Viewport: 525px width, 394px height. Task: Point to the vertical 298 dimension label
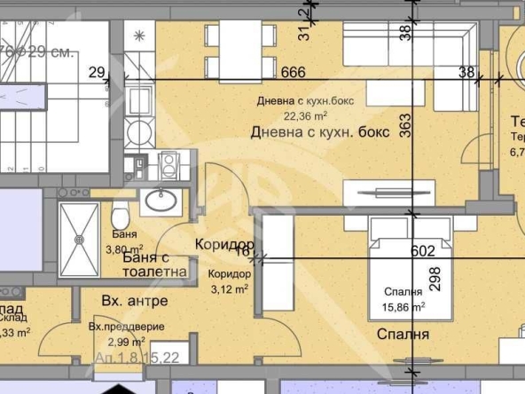click(435, 282)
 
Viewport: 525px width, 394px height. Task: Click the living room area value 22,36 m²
click(306, 114)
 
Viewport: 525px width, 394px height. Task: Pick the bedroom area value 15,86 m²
click(404, 308)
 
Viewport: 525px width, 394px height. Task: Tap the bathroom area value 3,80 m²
click(121, 249)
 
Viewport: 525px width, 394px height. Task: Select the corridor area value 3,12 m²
click(228, 287)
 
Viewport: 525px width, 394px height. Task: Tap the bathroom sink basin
click(161, 201)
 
